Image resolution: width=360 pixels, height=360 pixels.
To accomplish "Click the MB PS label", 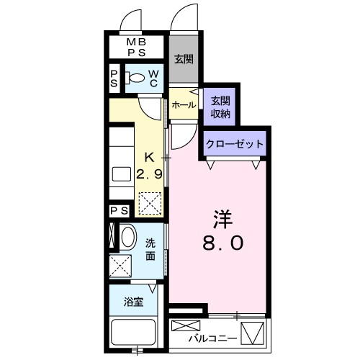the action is coord(136,47).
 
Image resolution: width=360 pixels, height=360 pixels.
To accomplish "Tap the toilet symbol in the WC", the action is coord(135,77).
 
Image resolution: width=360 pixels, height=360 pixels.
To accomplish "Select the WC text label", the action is coord(153,78).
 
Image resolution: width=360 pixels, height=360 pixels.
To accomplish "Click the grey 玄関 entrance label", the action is coord(184,59).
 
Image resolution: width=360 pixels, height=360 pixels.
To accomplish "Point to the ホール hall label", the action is coord(184,104).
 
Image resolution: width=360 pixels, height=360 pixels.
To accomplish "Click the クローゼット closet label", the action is coord(235,144).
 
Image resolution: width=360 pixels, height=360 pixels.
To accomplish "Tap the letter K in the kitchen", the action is coord(149,158).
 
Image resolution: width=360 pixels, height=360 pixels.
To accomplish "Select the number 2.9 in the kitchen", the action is coord(149,174).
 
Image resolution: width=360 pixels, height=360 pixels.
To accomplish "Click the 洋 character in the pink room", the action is coord(223,219).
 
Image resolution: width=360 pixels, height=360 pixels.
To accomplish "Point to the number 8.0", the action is coord(223,243).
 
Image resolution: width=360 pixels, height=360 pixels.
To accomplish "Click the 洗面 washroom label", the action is coord(150,250).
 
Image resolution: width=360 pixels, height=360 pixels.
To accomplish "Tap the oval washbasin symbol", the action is coord(129,237).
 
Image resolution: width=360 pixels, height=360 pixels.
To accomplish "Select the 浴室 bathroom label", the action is coord(133,302).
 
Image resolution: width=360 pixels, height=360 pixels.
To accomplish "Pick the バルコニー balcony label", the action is coord(212,338).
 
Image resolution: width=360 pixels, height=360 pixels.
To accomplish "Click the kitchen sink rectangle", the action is coord(122,174).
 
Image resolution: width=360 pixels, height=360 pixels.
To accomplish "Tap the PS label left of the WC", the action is coord(114,78).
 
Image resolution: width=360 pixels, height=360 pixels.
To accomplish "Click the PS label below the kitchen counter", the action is coord(120,211).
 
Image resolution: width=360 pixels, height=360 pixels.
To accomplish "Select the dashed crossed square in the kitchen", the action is coord(150,203).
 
